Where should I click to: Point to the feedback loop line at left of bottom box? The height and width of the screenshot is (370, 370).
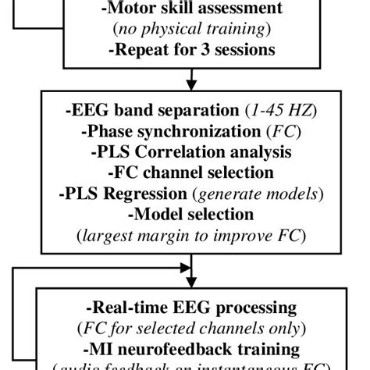coord(9,312)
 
